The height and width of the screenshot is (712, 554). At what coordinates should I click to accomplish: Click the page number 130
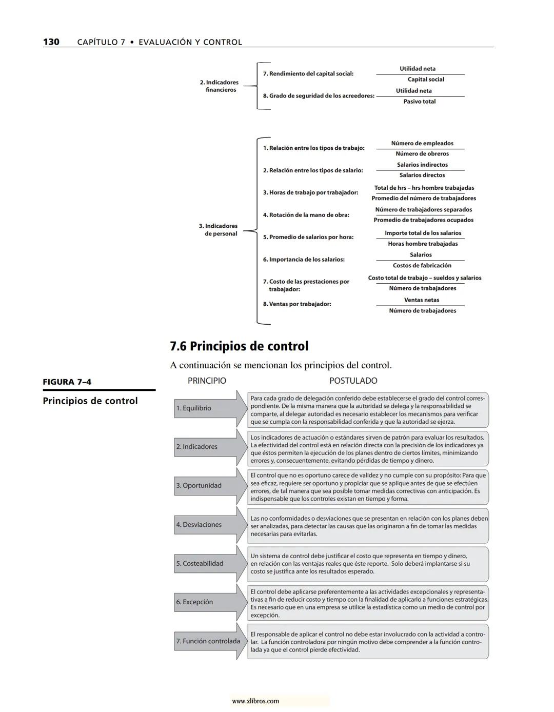tap(51, 42)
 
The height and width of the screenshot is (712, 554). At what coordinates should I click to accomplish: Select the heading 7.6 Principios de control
tap(239, 346)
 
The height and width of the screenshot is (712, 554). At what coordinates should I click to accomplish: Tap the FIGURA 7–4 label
tap(67, 382)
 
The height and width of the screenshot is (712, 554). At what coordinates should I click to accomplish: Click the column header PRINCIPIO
tap(207, 381)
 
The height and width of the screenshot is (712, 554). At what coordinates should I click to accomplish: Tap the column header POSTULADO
tap(353, 381)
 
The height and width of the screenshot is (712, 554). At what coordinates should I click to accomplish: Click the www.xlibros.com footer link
tap(255, 701)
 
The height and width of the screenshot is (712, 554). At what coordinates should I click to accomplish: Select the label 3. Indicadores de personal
tap(219, 230)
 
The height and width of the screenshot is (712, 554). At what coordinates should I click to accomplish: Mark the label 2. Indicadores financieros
tap(220, 86)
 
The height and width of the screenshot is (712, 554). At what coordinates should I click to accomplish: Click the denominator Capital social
tap(426, 80)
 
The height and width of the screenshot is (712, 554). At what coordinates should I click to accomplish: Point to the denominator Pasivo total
tap(419, 102)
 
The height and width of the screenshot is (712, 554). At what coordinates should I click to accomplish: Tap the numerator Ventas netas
tap(422, 300)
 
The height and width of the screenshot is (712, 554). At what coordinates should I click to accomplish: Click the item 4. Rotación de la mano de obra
tap(306, 215)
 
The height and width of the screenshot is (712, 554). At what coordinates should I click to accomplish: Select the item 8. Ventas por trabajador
tap(297, 304)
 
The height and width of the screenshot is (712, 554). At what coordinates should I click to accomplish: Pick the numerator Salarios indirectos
tap(422, 165)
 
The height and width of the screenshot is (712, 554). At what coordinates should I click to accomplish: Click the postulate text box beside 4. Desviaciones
tap(368, 526)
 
